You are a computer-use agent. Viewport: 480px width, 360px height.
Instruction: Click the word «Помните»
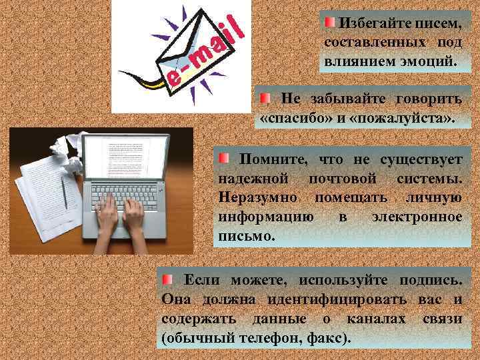273,161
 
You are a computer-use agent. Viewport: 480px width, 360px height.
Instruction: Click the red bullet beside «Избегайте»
331,23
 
